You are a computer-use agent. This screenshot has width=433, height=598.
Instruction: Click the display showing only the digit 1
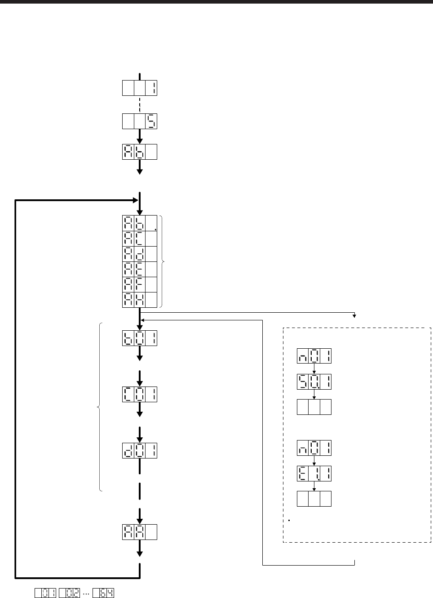(x=140, y=88)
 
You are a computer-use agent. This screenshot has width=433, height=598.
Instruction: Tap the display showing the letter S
(x=140, y=121)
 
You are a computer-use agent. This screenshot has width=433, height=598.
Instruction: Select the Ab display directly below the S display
(x=140, y=152)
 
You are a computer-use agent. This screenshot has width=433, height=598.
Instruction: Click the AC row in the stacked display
(x=140, y=238)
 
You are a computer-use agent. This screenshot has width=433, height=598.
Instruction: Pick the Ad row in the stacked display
(x=140, y=254)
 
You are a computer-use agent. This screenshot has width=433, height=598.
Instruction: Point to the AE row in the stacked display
(x=140, y=269)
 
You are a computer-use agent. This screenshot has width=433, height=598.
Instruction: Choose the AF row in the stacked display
(x=140, y=284)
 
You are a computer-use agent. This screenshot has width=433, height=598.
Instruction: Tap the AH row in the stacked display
(x=140, y=300)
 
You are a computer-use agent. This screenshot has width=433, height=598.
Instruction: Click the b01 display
(x=140, y=338)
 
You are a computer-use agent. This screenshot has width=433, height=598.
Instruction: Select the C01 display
(x=140, y=395)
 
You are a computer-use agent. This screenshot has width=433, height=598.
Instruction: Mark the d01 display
(x=140, y=450)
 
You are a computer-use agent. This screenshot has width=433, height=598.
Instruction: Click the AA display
(x=140, y=532)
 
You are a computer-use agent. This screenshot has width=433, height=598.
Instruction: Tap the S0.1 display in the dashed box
(x=314, y=382)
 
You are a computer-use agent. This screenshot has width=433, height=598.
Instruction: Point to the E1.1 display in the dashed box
(x=314, y=473)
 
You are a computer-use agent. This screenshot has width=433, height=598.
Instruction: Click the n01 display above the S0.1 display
(x=314, y=356)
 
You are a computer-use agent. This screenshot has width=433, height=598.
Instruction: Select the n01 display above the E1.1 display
(x=314, y=448)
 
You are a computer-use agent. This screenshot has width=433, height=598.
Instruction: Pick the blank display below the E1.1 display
(x=314, y=499)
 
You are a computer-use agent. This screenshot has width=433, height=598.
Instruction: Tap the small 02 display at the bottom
(x=69, y=594)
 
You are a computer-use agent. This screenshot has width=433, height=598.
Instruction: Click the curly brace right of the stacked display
(x=163, y=261)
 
